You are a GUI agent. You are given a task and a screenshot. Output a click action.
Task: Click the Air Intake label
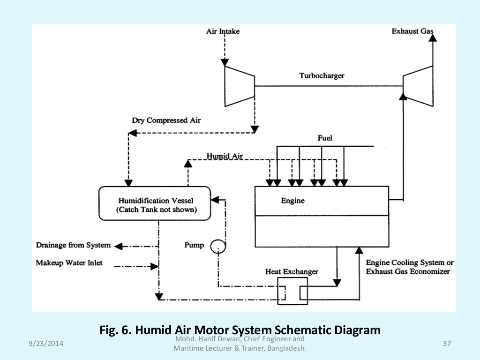223,31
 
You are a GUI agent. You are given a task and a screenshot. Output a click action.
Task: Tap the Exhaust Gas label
412,31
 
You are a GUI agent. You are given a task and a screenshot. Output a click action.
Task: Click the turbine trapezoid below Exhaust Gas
419,85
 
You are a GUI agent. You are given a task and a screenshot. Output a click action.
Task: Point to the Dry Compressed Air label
166,120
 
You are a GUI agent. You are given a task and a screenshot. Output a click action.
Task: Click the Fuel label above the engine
325,138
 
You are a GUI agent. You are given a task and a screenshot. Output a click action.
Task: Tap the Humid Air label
225,156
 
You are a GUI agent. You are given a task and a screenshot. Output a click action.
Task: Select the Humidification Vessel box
155,203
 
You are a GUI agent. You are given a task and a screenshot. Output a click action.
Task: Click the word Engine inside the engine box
292,201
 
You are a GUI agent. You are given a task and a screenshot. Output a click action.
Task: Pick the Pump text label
194,245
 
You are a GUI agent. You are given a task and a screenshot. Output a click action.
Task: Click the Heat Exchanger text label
292,271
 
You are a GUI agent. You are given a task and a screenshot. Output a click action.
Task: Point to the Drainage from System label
74,245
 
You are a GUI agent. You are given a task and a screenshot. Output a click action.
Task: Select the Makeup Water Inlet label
69,263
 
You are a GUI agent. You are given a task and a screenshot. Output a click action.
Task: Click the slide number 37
446,344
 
